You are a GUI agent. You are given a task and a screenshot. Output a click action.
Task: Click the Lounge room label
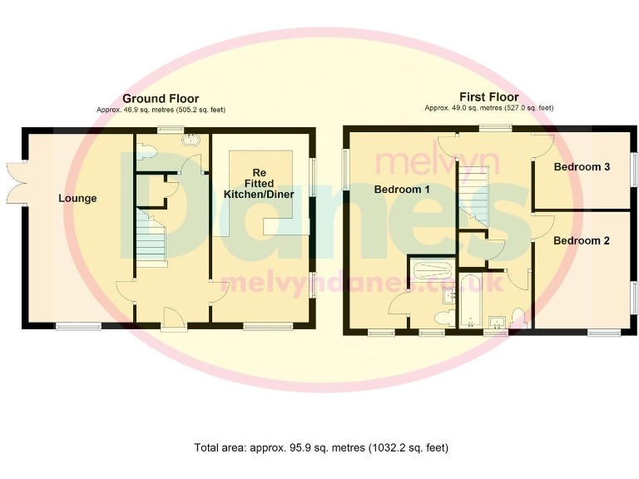(77, 198)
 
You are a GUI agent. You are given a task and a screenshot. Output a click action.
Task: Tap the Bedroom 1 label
(402, 190)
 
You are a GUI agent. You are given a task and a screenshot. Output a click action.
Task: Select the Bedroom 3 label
(582, 167)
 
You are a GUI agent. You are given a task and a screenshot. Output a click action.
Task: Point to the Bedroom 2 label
(582, 241)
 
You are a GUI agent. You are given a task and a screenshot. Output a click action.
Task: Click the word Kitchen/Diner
(260, 194)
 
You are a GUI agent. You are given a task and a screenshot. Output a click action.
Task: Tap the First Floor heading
(489, 97)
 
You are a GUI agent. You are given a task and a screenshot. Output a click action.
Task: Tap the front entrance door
(174, 319)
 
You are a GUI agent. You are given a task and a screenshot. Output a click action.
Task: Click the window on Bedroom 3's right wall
(632, 169)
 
